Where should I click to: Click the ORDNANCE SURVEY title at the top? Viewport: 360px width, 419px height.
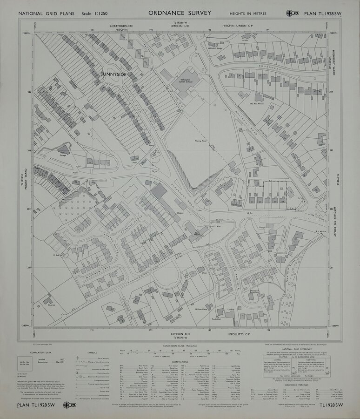coord(180,13)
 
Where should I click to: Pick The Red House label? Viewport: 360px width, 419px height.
coord(257,104)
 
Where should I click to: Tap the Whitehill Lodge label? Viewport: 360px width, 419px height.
coord(216,48)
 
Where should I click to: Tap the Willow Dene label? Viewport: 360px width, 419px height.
coord(201,309)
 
